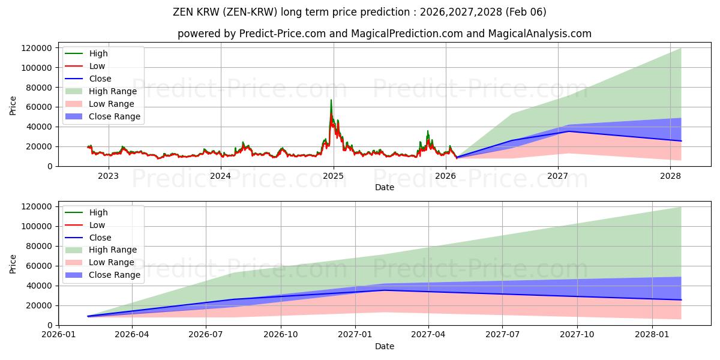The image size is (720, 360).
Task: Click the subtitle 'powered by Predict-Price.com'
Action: coord(384,34)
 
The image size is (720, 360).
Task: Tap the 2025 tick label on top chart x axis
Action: coord(333,176)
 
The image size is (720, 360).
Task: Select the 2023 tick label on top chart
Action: coord(108,176)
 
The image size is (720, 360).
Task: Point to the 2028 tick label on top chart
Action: coord(670,176)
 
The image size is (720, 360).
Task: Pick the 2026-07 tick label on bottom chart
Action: coord(206,335)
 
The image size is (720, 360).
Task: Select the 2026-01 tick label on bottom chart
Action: coord(58,335)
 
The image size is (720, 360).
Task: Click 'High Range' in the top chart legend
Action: coord(113,91)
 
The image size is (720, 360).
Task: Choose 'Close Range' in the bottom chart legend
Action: coord(114,275)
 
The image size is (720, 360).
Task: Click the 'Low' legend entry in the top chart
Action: coord(97,66)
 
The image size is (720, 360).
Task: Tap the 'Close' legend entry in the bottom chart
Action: coord(100,238)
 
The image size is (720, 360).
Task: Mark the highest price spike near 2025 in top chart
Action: coord(331,100)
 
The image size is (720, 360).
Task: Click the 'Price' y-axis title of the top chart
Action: coord(13,106)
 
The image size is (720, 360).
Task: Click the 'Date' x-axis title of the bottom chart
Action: coord(384,346)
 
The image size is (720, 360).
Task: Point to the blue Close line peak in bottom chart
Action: coord(384,290)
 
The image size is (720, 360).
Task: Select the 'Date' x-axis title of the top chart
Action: coord(384,187)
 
